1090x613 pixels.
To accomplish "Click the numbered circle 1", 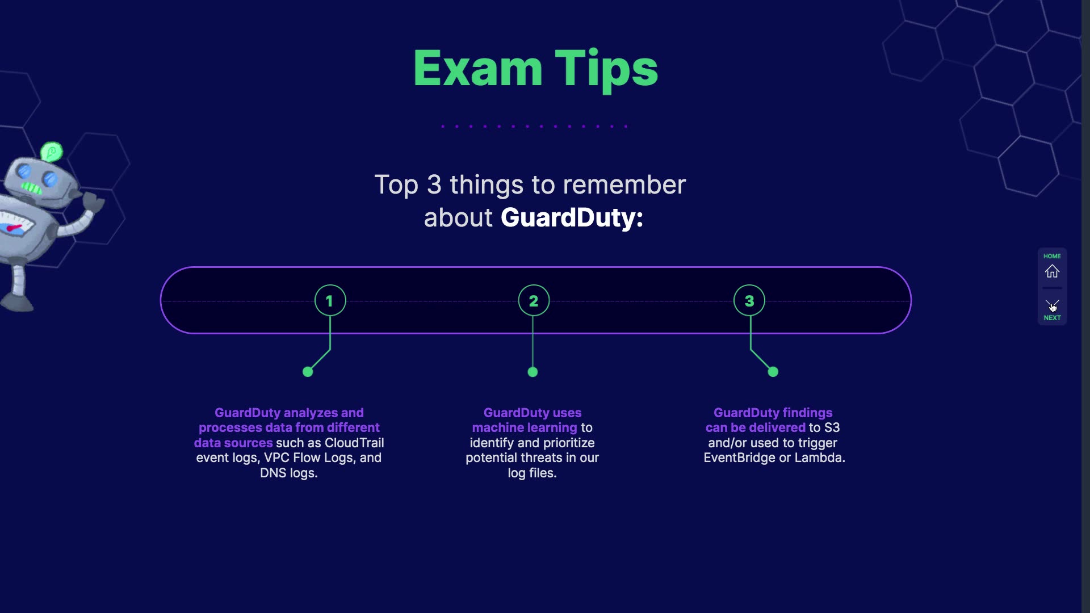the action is pyautogui.click(x=330, y=300).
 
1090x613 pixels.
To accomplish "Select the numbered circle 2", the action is pyautogui.click(x=534, y=300).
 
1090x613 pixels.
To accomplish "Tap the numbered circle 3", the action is pyautogui.click(x=749, y=300).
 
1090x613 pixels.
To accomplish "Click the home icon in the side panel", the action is pyautogui.click(x=1052, y=271).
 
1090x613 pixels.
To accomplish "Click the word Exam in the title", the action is pyautogui.click(x=477, y=69).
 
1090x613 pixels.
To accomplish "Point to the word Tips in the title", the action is pyautogui.click(x=606, y=69).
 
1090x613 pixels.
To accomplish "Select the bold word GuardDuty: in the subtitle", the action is pyautogui.click(x=572, y=218).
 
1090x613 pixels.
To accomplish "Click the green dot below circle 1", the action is pyautogui.click(x=308, y=372).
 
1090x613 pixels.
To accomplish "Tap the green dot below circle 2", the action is pyautogui.click(x=533, y=372).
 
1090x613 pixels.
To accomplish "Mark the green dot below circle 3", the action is pyautogui.click(x=773, y=372).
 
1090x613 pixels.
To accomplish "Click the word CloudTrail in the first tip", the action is pyautogui.click(x=354, y=443).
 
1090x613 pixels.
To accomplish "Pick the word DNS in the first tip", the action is pyautogui.click(x=273, y=473).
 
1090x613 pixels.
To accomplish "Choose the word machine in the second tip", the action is pyautogui.click(x=496, y=427).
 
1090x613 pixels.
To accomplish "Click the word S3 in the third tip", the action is pyautogui.click(x=832, y=427).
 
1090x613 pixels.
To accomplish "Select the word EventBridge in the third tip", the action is pyautogui.click(x=739, y=457).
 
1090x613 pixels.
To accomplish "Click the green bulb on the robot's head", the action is pyautogui.click(x=52, y=152).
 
